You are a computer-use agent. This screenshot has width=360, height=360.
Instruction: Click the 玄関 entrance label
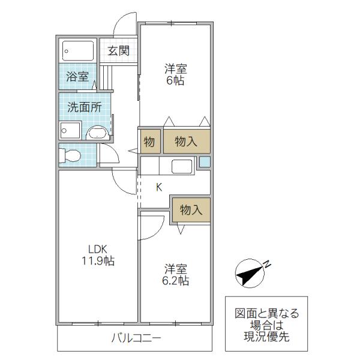coord(119,50)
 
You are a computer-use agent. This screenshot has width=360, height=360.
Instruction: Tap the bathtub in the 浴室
coord(78,51)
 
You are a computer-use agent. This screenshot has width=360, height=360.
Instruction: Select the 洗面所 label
coord(85,107)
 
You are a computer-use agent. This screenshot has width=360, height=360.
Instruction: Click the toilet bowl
coord(70,155)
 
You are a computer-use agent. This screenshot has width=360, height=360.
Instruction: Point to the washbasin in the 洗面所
coord(98,133)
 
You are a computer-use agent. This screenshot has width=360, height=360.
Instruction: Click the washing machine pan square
coord(70,130)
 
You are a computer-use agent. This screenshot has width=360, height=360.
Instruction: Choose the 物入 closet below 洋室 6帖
coord(187,141)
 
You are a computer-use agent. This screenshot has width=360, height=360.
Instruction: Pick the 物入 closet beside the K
coord(191,209)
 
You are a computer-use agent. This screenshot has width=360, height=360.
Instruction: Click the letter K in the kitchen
coord(159,187)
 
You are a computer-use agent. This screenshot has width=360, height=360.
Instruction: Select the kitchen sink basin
coord(182,166)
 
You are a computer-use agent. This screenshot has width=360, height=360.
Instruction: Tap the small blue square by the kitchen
coord(205,162)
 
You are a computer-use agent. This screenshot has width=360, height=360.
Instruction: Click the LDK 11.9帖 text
coord(98,255)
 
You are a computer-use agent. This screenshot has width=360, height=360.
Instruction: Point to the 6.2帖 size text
coord(176,281)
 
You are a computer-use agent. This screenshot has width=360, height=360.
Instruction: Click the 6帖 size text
coord(175,80)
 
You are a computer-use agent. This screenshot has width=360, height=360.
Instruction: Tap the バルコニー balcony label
coord(136,338)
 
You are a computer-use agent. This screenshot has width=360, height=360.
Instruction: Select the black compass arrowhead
coord(249,275)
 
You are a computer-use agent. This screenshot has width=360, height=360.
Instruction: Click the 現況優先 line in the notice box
coord(266,337)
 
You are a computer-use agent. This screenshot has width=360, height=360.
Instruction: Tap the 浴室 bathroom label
coord(77,76)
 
